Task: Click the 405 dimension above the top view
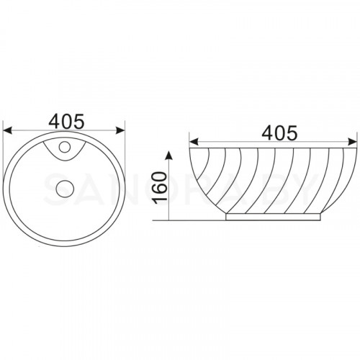point(66,121)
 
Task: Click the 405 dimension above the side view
point(279,132)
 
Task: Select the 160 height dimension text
point(161,188)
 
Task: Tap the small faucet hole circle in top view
point(64,147)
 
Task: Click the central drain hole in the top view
point(64,189)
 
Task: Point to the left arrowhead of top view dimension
point(7,130)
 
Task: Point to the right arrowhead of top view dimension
point(120,130)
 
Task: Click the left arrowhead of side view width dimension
point(194,142)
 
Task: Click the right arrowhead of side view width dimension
point(352,142)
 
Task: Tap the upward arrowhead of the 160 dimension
point(169,156)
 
